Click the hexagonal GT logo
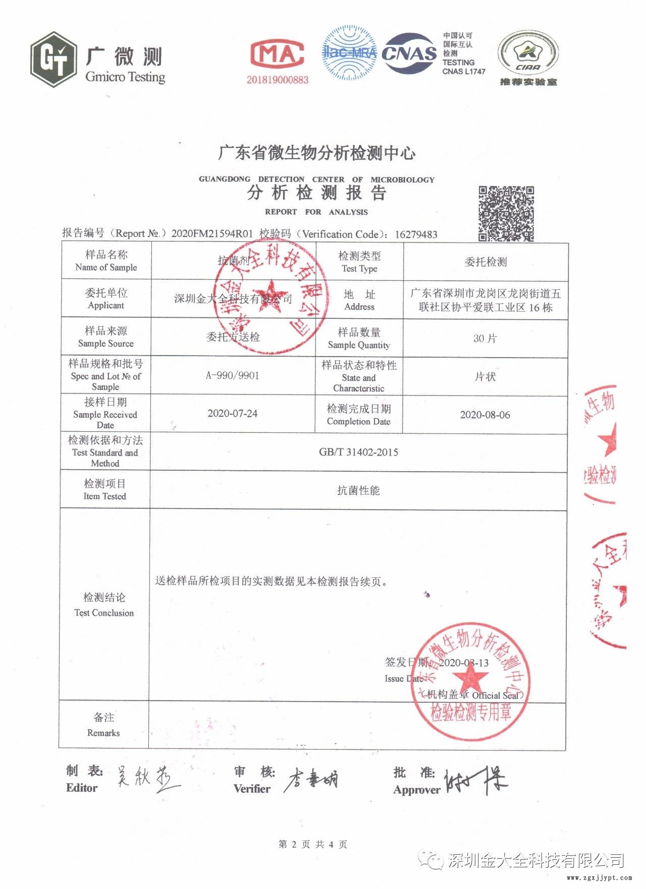pyautogui.click(x=53, y=59)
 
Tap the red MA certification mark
pyautogui.click(x=278, y=55)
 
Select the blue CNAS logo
pyautogui.click(x=409, y=54)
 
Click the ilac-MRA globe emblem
pyautogui.click(x=349, y=52)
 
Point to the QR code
pyautogui.click(x=506, y=213)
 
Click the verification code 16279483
pyautogui.click(x=416, y=234)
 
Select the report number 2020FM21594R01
pyautogui.click(x=212, y=233)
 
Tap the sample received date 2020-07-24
pyautogui.click(x=232, y=413)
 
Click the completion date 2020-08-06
pyautogui.click(x=485, y=415)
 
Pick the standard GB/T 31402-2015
pyautogui.click(x=358, y=452)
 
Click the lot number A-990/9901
pyautogui.click(x=233, y=375)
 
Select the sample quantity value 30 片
pyautogui.click(x=485, y=338)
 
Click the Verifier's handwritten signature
pyautogui.click(x=311, y=780)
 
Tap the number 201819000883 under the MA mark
pyautogui.click(x=277, y=80)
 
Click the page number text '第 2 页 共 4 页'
pyautogui.click(x=312, y=844)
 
